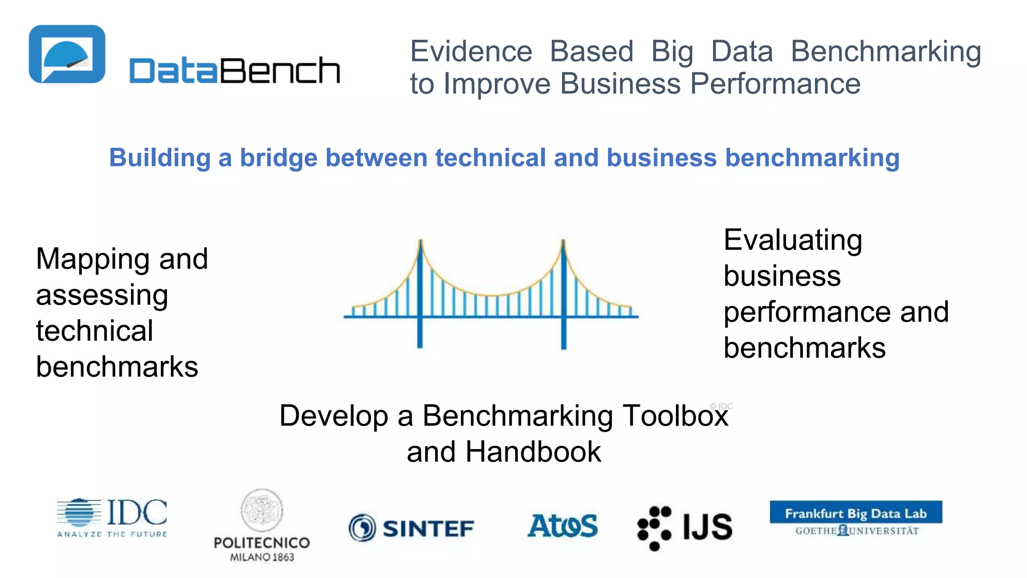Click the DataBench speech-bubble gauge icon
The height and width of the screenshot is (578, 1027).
click(x=67, y=54)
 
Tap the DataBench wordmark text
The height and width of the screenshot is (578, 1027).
click(x=234, y=70)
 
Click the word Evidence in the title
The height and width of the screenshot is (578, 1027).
click(x=471, y=51)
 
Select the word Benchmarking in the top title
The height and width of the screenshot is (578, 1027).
click(x=886, y=52)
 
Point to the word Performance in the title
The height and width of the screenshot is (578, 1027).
click(x=775, y=83)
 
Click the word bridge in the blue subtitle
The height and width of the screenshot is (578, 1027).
click(x=278, y=158)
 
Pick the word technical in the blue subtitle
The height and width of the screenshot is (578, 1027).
click(x=490, y=158)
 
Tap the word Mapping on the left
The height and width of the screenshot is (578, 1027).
click(x=93, y=260)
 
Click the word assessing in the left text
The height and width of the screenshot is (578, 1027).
click(x=102, y=295)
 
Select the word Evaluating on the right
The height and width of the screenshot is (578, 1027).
click(x=793, y=240)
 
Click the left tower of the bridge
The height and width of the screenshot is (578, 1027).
click(x=420, y=294)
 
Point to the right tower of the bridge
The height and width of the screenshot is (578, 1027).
click(x=563, y=294)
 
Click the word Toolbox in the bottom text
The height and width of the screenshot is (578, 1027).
click(x=675, y=416)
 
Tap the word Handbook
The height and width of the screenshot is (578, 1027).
click(x=533, y=452)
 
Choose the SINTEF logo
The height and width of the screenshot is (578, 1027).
click(x=411, y=528)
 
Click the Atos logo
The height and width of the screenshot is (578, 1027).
click(x=563, y=526)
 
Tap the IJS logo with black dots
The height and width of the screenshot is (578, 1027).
click(x=684, y=527)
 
